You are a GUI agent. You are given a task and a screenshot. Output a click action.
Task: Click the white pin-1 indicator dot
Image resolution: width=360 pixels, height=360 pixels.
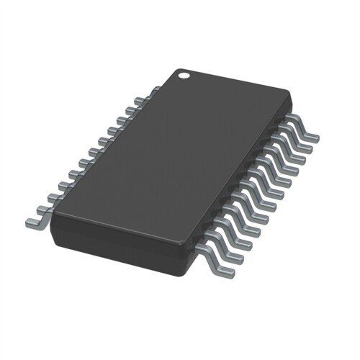click(x=184, y=73)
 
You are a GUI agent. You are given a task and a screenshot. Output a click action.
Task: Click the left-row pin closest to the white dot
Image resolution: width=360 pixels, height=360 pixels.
click(x=154, y=91)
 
